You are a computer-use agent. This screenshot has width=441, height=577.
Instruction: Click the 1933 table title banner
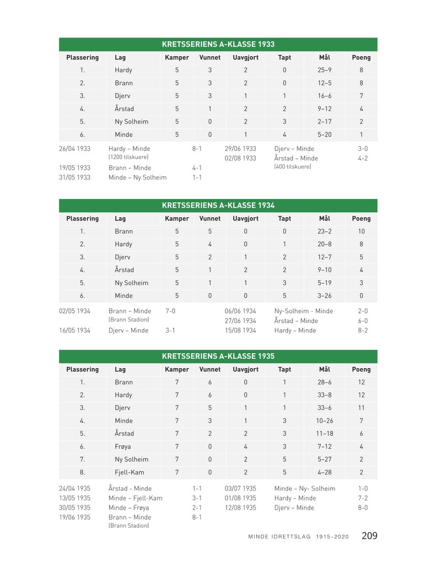(x=218, y=45)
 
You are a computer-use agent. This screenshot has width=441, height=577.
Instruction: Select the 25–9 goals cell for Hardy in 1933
(x=324, y=70)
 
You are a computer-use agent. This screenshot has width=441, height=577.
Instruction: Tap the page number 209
(x=369, y=536)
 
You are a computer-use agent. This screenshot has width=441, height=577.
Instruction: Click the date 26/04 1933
(x=74, y=149)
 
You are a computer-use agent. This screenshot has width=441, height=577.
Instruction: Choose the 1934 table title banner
(x=218, y=206)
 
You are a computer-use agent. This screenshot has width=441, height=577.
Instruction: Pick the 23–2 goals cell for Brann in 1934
(x=324, y=231)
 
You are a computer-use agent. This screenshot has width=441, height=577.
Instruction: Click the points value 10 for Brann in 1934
(x=361, y=231)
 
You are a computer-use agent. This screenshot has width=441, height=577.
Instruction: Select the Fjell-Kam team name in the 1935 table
(x=126, y=472)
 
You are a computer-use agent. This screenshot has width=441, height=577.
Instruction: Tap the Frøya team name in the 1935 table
(x=123, y=446)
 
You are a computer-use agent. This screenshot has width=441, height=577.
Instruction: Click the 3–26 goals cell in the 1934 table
(x=324, y=296)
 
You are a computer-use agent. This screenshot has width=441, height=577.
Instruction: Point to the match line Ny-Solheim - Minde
(x=303, y=311)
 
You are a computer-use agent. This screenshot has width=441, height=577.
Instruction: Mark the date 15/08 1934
(x=240, y=331)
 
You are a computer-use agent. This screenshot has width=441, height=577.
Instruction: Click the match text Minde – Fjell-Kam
(x=135, y=498)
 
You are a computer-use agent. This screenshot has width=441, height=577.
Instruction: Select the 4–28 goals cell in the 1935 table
(x=324, y=472)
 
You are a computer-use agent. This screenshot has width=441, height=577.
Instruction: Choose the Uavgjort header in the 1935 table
(x=245, y=369)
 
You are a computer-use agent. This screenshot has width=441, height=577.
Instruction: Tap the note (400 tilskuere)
(x=292, y=167)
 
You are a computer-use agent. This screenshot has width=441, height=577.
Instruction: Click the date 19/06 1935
(x=74, y=517)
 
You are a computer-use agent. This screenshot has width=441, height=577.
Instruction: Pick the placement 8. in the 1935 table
(x=82, y=472)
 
